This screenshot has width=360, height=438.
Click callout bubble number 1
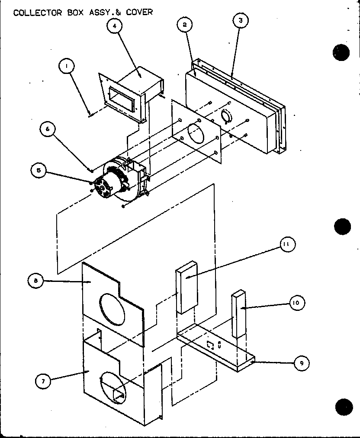pos(67,66)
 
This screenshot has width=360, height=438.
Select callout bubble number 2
pos(184,25)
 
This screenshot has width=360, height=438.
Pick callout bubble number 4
pos(114,26)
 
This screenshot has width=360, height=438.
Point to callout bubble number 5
pos(39,170)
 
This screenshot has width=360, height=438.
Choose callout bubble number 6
pos(48,128)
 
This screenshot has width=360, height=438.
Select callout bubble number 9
pos(302,363)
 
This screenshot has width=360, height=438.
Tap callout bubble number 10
pos(296,303)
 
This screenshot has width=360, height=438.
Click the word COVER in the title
pos(139,12)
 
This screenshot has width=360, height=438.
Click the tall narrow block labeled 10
pos(238,315)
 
